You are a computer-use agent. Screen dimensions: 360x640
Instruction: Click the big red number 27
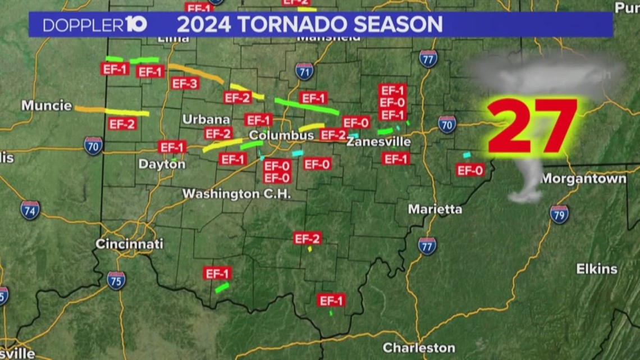pos(532,127)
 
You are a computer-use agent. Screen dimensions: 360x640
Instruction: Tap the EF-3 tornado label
pos(185,84)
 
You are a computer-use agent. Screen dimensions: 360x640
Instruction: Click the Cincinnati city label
pos(129,244)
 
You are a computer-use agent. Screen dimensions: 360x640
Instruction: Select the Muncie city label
pos(47,106)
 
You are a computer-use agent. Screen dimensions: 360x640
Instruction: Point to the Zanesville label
pos(378,142)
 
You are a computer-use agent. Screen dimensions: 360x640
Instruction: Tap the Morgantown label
pos(583,179)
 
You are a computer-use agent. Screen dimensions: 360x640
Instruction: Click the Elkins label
pos(596,268)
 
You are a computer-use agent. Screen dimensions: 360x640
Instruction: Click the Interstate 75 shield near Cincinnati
pos(116,280)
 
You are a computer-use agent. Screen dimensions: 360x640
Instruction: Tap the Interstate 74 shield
pos(30,210)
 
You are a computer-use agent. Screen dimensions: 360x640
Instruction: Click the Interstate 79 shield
pos(559,215)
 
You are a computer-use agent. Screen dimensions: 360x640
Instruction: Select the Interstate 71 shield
pos(304,71)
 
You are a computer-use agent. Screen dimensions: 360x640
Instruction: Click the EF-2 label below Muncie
pos(122,124)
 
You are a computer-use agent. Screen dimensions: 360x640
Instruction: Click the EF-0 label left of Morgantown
pos(470,170)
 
